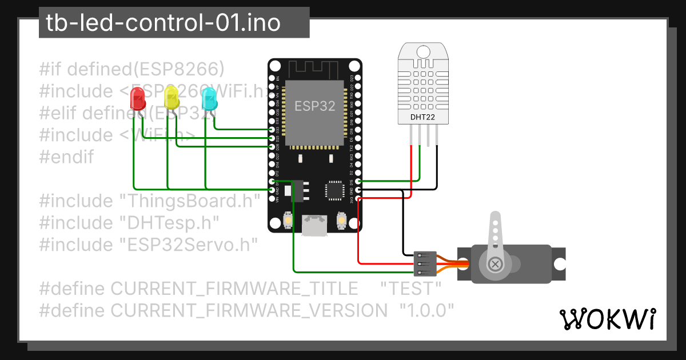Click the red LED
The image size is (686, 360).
[x=138, y=99]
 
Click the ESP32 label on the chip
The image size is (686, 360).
[x=314, y=106]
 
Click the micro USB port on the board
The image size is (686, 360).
[x=314, y=224]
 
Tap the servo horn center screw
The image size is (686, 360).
[x=495, y=264]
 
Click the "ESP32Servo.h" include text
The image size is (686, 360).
[x=188, y=245]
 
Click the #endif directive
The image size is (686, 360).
[x=66, y=157]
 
